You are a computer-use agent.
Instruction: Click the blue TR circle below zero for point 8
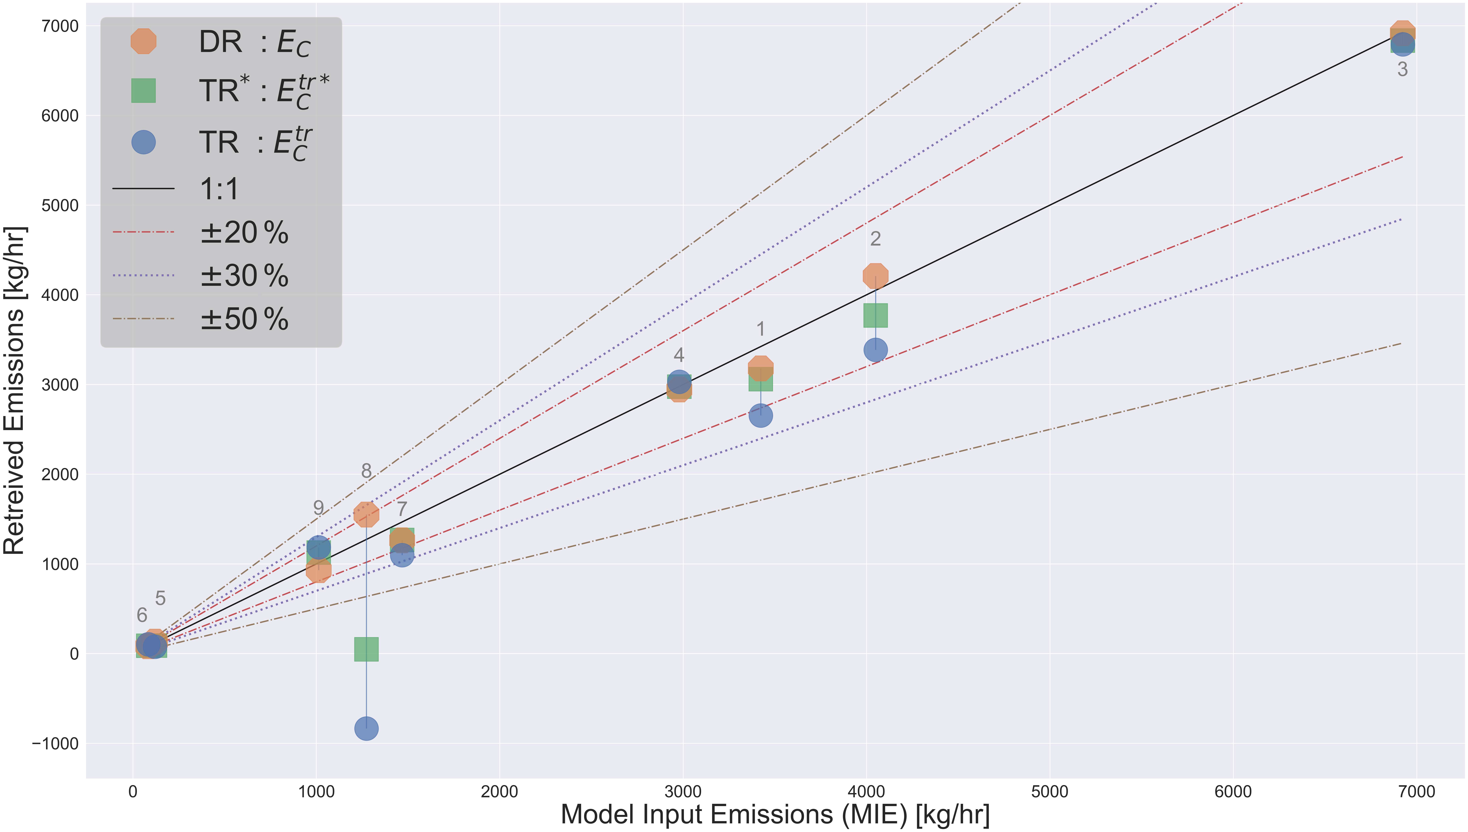tap(366, 729)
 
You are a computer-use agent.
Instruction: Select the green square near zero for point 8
tap(366, 649)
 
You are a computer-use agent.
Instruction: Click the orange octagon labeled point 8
tap(366, 514)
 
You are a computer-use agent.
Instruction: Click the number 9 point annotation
tap(318, 507)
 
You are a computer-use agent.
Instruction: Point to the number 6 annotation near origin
tap(142, 615)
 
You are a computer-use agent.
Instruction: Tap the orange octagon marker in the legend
tap(143, 41)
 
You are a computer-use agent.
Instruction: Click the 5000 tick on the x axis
tap(1050, 792)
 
